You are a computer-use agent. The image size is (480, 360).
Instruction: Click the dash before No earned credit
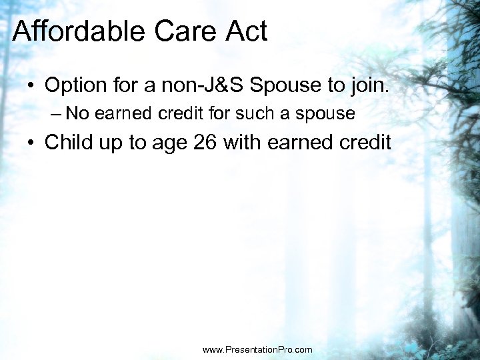[x=55, y=114]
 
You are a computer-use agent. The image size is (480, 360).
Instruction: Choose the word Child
[x=70, y=143]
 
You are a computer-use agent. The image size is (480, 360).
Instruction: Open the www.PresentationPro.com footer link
[x=257, y=349]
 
